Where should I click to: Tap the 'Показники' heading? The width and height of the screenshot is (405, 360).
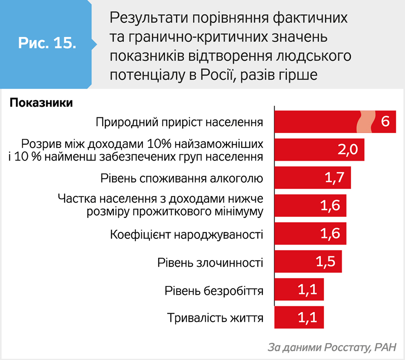point(41,103)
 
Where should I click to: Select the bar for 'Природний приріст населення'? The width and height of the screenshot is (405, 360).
point(316,121)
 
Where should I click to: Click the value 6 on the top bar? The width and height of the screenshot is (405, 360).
point(385,121)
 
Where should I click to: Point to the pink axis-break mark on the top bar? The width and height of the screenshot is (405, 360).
point(366,121)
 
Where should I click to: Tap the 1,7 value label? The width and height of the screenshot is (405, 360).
point(335,178)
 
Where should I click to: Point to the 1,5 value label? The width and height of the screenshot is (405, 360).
point(326,262)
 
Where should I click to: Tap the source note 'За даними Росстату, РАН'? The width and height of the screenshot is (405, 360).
point(332,347)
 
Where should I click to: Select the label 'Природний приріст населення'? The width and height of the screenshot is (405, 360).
point(180,122)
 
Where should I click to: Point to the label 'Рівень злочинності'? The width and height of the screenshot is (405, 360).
point(211,262)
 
